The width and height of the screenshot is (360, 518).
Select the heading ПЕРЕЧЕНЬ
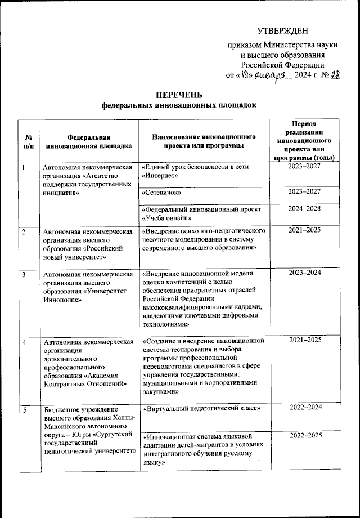178,94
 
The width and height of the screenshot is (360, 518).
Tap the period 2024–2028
304,209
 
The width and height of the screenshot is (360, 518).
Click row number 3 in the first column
24,274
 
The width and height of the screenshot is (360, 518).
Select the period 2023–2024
304,273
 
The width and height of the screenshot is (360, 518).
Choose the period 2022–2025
304,435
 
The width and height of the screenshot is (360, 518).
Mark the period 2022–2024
304,407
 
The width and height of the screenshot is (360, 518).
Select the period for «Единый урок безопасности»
304,167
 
